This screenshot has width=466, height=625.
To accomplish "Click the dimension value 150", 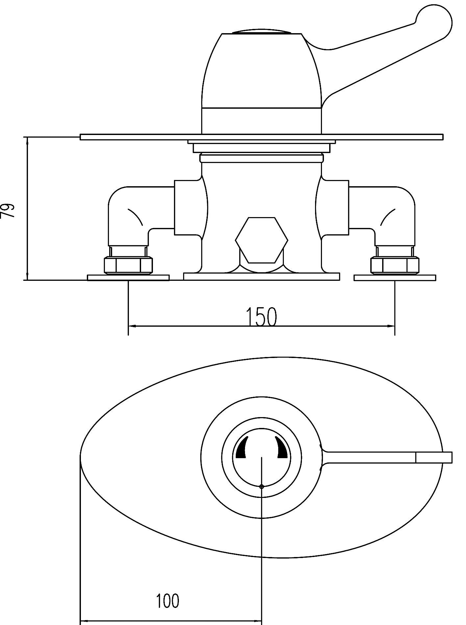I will (x=261, y=317).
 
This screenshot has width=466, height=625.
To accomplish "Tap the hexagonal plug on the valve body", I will (x=261, y=240).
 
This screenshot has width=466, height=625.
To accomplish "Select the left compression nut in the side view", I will (x=128, y=265).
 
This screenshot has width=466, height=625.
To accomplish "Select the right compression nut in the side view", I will (x=395, y=265).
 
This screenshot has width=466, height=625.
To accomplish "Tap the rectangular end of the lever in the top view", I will (x=434, y=458).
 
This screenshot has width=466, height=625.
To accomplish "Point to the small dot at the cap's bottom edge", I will (x=261, y=487).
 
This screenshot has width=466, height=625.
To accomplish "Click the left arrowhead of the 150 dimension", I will (x=132, y=326).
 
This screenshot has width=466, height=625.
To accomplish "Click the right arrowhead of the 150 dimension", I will (x=391, y=326).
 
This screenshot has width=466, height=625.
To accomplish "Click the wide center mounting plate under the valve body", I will (x=261, y=277).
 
